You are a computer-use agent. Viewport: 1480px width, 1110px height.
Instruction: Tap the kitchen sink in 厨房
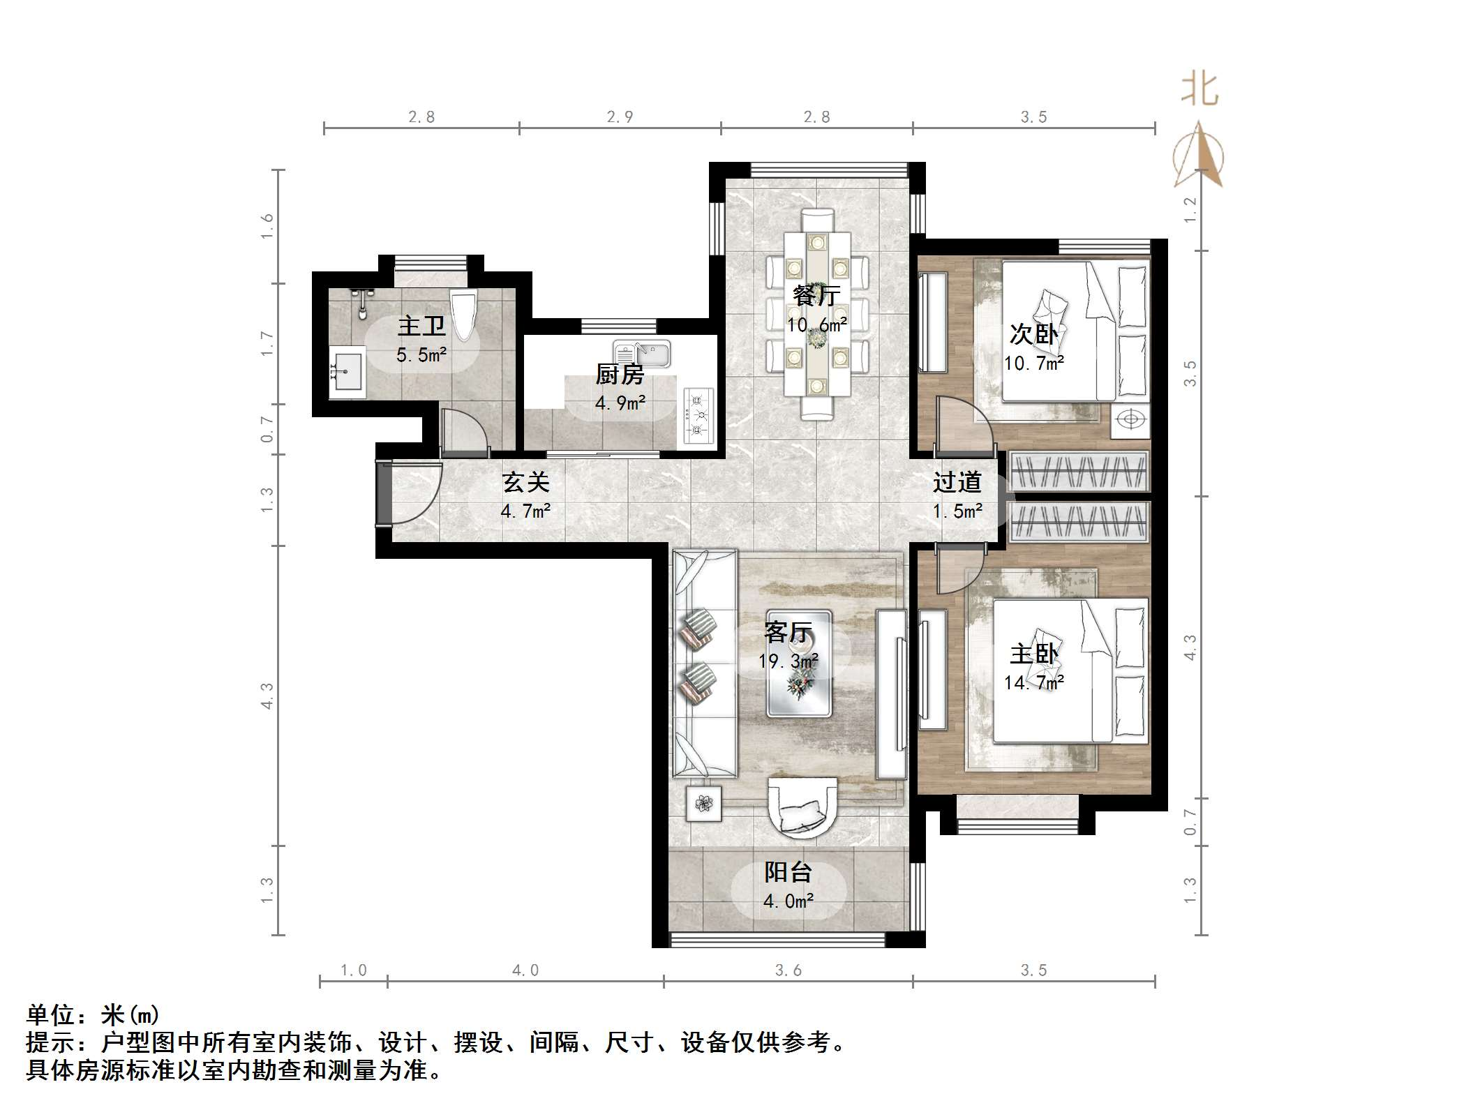pos(642,354)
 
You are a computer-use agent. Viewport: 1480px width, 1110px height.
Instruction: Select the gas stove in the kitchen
pos(698,417)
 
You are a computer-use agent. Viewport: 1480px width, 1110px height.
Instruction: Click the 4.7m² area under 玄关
pos(525,511)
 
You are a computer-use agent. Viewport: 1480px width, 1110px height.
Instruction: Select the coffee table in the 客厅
pos(800,664)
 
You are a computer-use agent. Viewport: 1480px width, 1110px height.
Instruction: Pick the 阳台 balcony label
pos(788,872)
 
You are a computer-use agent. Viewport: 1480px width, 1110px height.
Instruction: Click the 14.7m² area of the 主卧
pos(1034,682)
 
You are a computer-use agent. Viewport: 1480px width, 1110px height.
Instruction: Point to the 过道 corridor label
pos(957,482)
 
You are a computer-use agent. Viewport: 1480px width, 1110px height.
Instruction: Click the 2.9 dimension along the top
pos(620,117)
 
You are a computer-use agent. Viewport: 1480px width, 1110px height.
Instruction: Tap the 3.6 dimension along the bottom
pos(788,970)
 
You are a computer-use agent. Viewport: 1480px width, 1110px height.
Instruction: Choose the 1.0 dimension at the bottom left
pos(353,970)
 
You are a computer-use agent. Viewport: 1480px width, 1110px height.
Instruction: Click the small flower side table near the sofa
pos(703,804)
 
